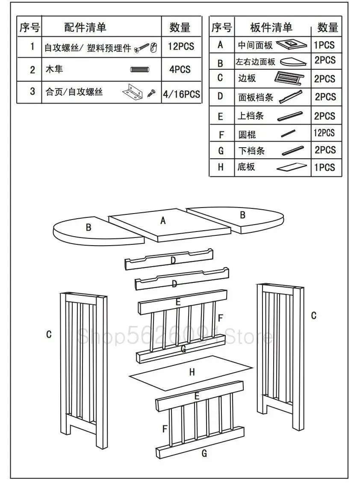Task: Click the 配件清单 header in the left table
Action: tap(86, 28)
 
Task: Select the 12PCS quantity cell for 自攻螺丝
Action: tap(180, 46)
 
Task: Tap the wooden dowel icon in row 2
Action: tap(138, 70)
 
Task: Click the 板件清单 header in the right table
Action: tap(271, 28)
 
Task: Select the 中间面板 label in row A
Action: tap(255, 45)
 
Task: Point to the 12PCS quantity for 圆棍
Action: tap(324, 133)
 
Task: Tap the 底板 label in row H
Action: tap(246, 166)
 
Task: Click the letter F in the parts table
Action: tap(221, 135)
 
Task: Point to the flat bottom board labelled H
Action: tap(192, 372)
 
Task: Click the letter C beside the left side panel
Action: tap(49, 334)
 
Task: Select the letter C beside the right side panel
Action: tap(313, 315)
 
